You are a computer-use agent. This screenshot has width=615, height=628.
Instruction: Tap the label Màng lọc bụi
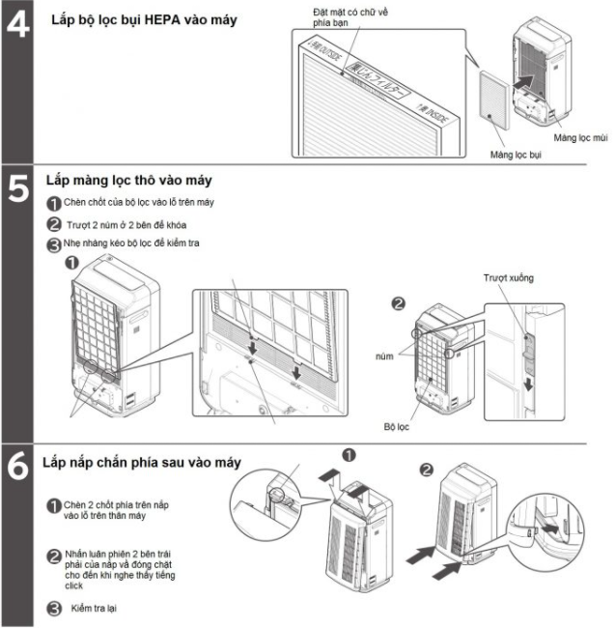click(516, 154)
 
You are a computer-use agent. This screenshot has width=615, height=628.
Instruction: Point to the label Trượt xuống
click(508, 277)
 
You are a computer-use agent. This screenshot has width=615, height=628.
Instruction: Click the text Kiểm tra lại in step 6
click(93, 608)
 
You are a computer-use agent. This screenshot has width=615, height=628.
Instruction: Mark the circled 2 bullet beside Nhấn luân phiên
click(54, 556)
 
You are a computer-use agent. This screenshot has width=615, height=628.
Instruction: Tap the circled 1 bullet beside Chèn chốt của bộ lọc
click(54, 204)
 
